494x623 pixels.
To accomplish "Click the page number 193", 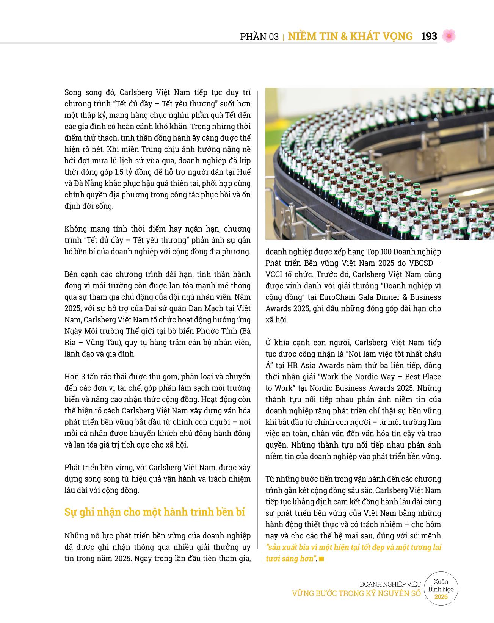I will pos(429,36).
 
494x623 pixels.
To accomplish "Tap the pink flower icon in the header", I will pos(449,36).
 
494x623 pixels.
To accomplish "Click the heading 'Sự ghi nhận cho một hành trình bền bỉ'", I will pos(155,512).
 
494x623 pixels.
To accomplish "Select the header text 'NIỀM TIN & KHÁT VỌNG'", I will pos(350,36).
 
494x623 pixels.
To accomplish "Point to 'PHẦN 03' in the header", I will pos(259,37).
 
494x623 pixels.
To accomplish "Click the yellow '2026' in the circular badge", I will pos(441,597).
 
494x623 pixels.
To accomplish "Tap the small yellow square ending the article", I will pos(321,559).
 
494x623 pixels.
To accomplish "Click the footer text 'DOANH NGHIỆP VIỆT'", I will pos(390,584).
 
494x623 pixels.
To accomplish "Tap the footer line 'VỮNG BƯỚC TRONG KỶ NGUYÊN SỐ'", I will pos(356,593).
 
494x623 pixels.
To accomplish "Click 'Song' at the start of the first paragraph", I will pos(74,92).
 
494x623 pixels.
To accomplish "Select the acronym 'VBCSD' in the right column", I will pos(420,263).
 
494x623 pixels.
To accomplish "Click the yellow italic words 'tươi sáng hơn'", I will pos(290,559).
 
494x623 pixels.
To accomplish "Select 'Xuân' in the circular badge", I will pos(441,582).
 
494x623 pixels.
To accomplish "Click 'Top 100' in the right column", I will pos(380,252).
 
